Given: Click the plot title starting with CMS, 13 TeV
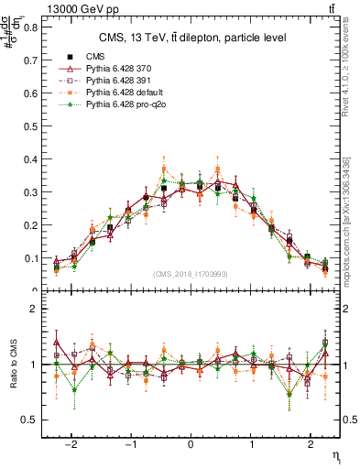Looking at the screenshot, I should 192,38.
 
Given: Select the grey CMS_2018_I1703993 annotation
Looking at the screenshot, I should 190,275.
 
